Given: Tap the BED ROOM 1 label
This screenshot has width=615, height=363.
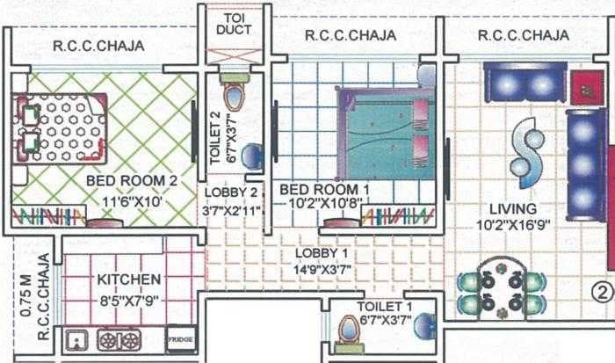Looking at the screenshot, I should [x=319, y=190].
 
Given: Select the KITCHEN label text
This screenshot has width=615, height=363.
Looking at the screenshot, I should [x=129, y=280].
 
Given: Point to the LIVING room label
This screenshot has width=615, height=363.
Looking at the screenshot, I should [x=514, y=209].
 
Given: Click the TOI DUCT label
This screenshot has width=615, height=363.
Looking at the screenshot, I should [x=233, y=23].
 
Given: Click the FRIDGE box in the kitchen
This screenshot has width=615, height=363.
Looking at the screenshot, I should [x=181, y=338].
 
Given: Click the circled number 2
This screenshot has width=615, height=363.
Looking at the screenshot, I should [x=600, y=289].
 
